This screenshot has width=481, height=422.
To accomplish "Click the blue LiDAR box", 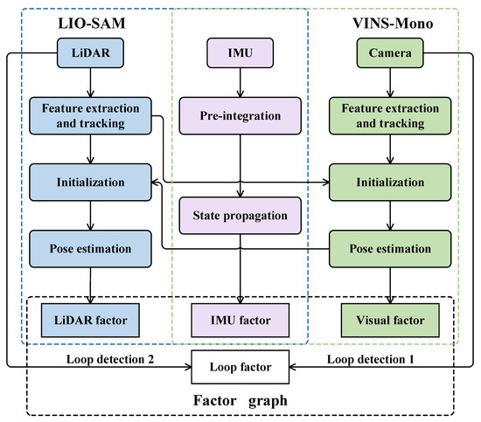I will click(91, 54).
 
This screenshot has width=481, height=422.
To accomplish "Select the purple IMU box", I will click(240, 54).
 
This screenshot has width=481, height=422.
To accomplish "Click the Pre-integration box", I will click(240, 114).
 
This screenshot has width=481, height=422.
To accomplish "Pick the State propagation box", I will click(240, 216).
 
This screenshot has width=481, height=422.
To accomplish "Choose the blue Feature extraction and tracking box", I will click(91, 114).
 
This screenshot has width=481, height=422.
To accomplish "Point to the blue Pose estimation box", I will click(91, 248).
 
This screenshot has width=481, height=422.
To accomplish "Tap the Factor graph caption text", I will click(240, 402).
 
